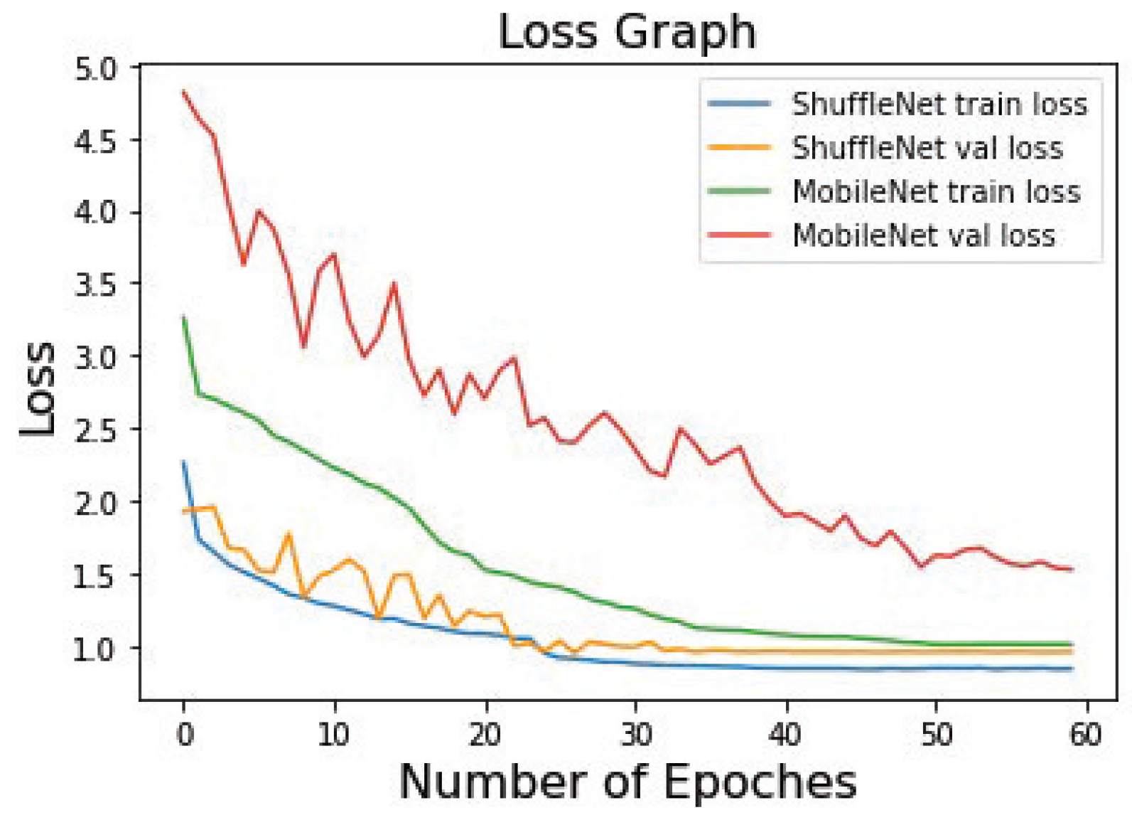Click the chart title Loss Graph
coord(627,32)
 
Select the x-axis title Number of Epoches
coord(627,782)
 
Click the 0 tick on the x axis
coord(185,734)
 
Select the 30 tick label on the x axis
coord(636,734)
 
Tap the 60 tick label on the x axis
coord(1086,734)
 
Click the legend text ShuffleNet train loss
coord(939,105)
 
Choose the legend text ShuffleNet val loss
coord(927,148)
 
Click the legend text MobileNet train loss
coord(937,192)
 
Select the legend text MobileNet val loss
coord(924,235)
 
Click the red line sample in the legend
coord(739,235)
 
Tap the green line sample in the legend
coord(739,191)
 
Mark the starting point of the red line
coord(184,92)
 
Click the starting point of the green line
coord(184,317)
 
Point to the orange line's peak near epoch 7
coord(289,533)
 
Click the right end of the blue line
coord(1072,669)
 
